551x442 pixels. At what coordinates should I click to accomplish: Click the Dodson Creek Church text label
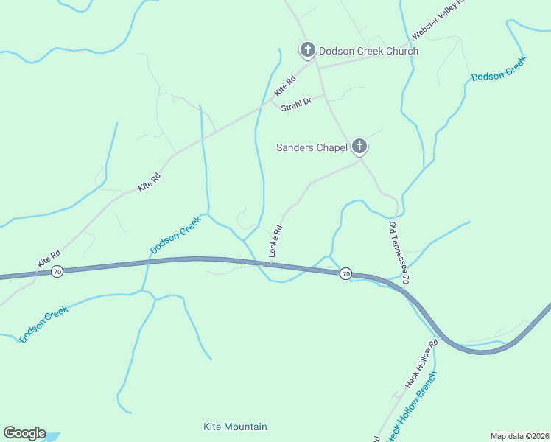(368, 51)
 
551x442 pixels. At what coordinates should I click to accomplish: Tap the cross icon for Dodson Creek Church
(307, 50)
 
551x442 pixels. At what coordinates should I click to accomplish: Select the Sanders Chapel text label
(312, 147)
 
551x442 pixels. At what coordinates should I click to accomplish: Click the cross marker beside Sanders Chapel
(359, 147)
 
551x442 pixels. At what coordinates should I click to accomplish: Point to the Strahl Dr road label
(298, 102)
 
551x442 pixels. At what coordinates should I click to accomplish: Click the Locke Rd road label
(276, 240)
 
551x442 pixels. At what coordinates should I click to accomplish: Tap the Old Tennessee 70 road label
(398, 253)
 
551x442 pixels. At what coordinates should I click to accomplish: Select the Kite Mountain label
(235, 427)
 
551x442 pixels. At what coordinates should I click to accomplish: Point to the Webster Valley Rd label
(440, 18)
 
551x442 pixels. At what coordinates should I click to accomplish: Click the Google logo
(24, 433)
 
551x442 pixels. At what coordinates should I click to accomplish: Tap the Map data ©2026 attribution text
(520, 435)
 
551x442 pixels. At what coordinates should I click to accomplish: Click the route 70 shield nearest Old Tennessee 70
(345, 273)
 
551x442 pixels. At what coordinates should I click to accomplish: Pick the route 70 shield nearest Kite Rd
(57, 272)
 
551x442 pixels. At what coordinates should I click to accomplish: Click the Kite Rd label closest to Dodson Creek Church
(284, 85)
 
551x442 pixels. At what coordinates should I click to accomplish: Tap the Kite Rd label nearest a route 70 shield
(49, 258)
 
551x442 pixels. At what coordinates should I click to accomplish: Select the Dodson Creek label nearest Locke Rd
(175, 235)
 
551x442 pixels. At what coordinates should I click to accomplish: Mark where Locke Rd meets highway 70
(270, 262)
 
